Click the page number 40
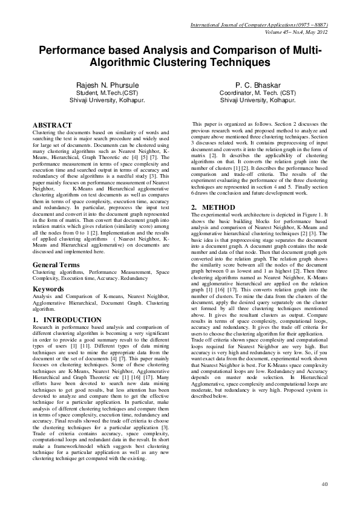click(324, 484)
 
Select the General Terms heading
click(55, 265)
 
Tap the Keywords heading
click(48, 289)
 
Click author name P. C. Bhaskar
click(258, 86)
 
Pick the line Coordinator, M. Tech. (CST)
click(258, 94)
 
